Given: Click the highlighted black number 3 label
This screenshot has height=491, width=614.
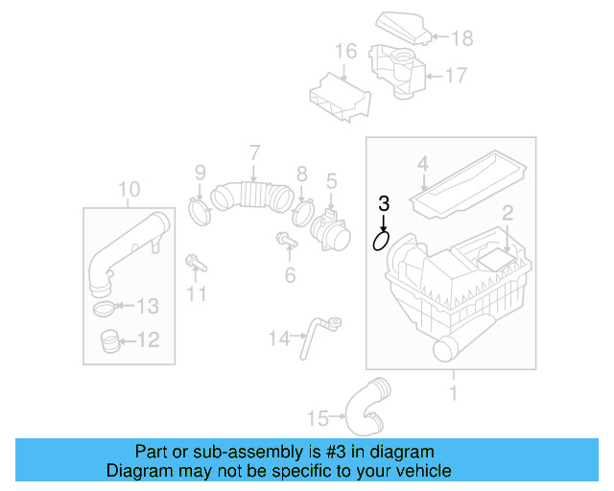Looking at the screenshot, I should [x=384, y=202].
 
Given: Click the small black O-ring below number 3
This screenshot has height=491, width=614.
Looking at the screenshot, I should [x=382, y=241].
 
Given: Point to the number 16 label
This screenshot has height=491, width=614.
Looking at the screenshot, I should [x=345, y=51].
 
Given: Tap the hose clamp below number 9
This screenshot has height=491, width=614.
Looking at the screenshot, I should [x=201, y=209].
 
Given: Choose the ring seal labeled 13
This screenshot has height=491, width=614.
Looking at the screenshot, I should [x=107, y=308].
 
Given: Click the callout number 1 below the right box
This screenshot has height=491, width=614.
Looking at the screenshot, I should [x=454, y=392].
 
